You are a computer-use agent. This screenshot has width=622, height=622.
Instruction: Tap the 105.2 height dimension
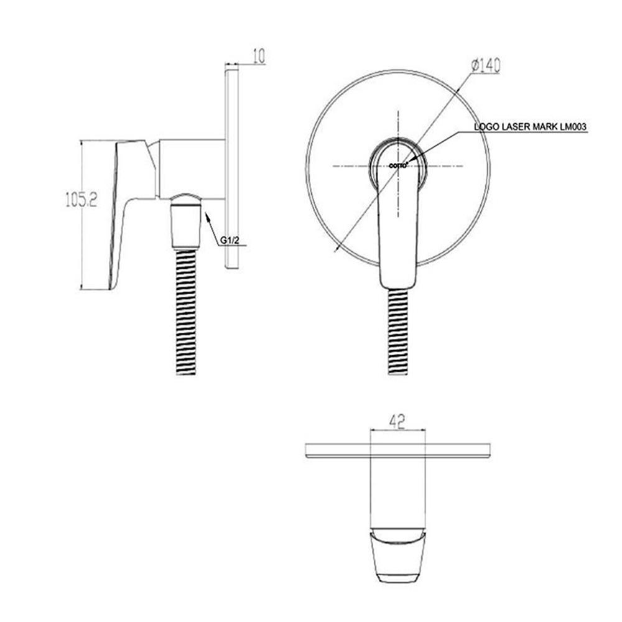[x=81, y=199]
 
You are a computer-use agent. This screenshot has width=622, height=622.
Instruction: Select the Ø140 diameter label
[x=486, y=64]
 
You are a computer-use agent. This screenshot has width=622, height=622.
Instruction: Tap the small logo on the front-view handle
[x=398, y=165]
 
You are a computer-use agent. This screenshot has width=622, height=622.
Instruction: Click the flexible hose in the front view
[x=398, y=333]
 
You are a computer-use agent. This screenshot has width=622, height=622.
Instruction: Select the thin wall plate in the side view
[x=231, y=168]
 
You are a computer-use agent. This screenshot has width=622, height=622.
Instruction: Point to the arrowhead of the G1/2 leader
[x=206, y=213]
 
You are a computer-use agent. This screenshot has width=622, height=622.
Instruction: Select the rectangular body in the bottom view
[x=398, y=491]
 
